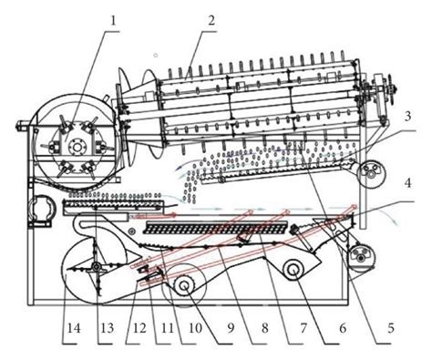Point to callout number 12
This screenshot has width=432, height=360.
click(x=138, y=324)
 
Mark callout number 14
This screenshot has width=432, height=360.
click(x=68, y=324)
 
